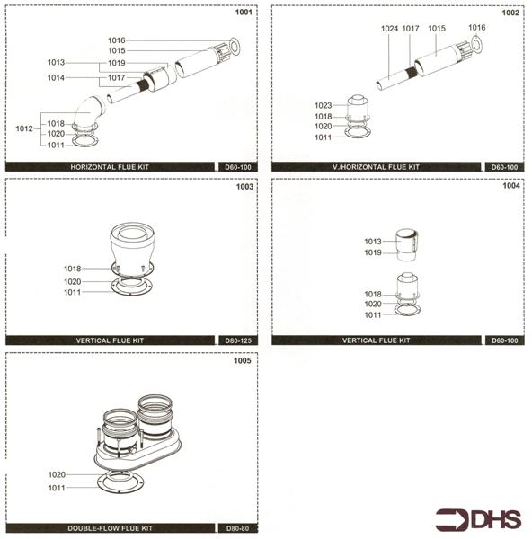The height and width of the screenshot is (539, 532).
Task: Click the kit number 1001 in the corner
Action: coord(244,13)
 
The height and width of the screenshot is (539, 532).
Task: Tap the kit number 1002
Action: coord(510,13)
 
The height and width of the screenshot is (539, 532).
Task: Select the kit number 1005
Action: coord(244,361)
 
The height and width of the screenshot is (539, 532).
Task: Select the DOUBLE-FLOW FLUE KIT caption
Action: coord(110,527)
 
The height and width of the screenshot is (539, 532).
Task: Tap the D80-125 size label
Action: coord(237,341)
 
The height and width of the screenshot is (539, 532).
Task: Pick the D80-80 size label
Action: coord(237,527)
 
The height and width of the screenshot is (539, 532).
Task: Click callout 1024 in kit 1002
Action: coord(389,29)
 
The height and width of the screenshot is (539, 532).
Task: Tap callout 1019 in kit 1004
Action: coord(373,253)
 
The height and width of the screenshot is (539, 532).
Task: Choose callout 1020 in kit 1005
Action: coord(57,474)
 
